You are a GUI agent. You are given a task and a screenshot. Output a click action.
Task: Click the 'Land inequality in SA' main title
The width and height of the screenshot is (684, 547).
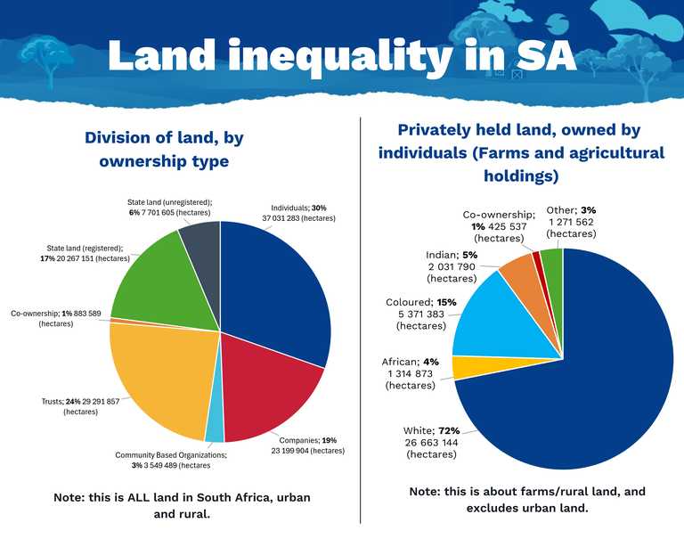[x=342, y=55]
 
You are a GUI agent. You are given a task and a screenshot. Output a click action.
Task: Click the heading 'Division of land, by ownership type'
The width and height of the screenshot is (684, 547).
[x=164, y=149]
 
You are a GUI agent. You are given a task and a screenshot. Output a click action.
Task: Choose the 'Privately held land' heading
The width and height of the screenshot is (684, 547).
[x=521, y=152]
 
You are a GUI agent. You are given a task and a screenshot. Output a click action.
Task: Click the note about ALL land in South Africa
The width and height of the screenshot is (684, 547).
[x=183, y=504]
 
